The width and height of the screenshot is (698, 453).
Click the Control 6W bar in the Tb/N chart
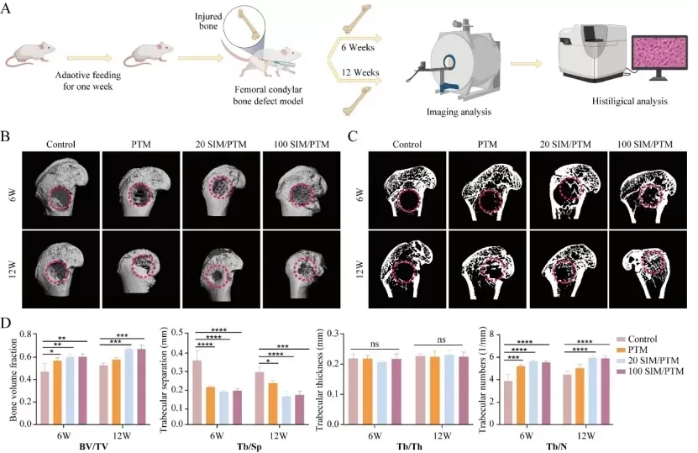coord(506,403)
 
